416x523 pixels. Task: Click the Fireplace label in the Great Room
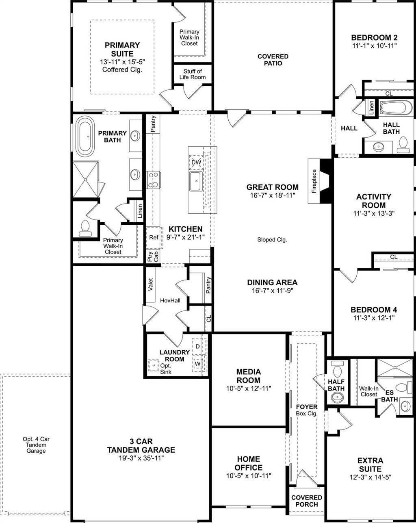[x=314, y=181]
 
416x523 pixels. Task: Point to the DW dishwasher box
[x=196, y=162]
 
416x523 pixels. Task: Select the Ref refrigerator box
[x=153, y=238]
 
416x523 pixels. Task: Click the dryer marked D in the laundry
[x=197, y=346]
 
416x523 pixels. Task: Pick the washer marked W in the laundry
[x=197, y=363]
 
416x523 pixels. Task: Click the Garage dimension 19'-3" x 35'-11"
[x=141, y=458]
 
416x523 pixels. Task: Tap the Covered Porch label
[x=307, y=501]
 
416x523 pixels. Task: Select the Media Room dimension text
[x=249, y=388]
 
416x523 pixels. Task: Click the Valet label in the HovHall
[x=150, y=284]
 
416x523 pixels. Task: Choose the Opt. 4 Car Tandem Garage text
[x=36, y=445]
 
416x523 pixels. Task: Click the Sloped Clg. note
[x=272, y=240]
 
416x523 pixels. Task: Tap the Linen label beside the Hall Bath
[x=371, y=107]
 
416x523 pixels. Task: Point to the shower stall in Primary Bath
[x=85, y=179]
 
